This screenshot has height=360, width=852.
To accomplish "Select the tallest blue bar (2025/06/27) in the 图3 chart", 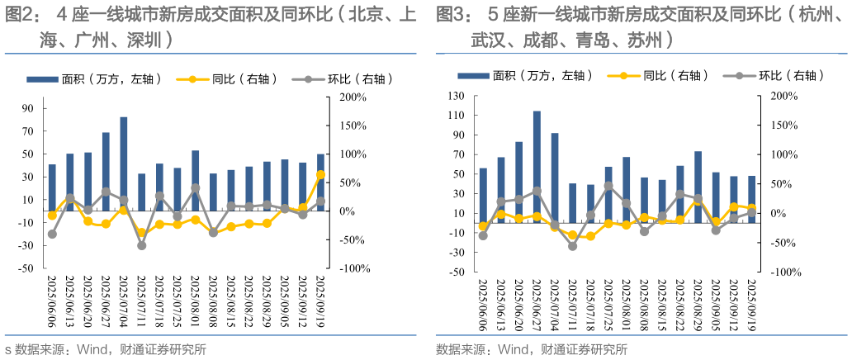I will pyautogui.click(x=537, y=165).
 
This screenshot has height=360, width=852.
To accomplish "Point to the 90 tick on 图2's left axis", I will pyautogui.click(x=28, y=108).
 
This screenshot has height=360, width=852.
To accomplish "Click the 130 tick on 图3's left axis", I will pyautogui.click(x=455, y=96).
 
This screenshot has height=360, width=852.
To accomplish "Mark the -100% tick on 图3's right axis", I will pyautogui.click(x=784, y=272).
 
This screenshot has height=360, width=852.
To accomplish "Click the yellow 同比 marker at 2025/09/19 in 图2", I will pyautogui.click(x=320, y=175).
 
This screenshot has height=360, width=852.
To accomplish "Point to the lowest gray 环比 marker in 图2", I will pyautogui.click(x=141, y=245).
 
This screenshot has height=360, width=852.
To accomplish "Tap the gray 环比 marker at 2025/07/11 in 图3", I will pyautogui.click(x=573, y=246).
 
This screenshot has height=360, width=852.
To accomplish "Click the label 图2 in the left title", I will pyautogui.click(x=21, y=14).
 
